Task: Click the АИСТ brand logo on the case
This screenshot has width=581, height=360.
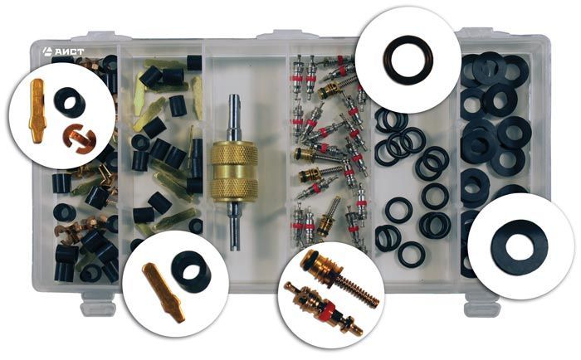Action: pyautogui.click(x=63, y=51)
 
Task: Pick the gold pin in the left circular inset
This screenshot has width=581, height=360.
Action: pyautogui.click(x=37, y=111)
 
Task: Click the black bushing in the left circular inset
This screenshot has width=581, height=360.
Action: pyautogui.click(x=69, y=102)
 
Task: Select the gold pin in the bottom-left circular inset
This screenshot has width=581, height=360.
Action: pyautogui.click(x=164, y=292)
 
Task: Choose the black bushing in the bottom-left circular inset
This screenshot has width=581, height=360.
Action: pyautogui.click(x=191, y=272)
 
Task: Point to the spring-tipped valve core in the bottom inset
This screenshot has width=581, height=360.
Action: pyautogui.click(x=339, y=278)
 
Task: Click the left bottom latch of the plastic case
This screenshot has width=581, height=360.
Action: pyautogui.click(x=99, y=304)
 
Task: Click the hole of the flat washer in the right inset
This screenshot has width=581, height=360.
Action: pyautogui.click(x=520, y=246)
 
